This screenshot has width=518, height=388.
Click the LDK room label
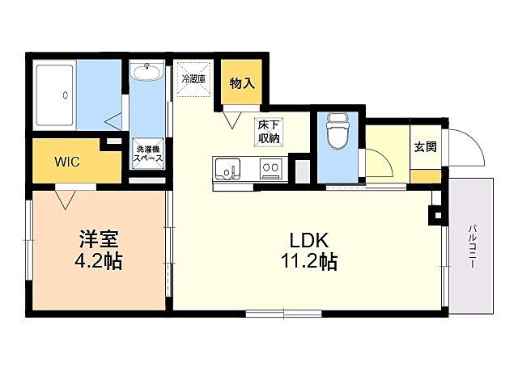tap(308, 240)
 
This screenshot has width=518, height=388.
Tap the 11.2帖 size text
tap(308, 262)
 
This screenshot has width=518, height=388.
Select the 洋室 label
tap(99, 240)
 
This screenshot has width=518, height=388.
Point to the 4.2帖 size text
tap(99, 262)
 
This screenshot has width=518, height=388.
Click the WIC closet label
tap(66, 161)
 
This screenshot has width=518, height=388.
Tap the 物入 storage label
tap(243, 82)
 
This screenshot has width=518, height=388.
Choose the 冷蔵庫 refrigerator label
tap(194, 79)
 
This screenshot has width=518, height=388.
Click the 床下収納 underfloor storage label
tap(270, 131)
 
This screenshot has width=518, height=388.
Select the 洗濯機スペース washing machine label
tap(148, 154)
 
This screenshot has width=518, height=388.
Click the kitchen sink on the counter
tap(227, 170)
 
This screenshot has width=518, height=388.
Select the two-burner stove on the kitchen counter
tap(270, 170)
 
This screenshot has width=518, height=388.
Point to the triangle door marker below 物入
tap(234, 120)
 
